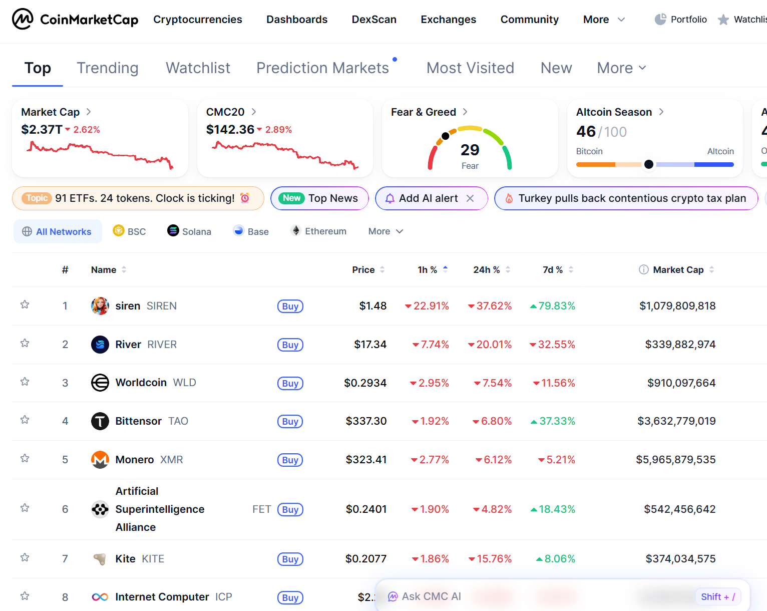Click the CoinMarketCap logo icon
pos(23,19)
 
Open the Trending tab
pos(108,68)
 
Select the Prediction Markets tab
pos(322,68)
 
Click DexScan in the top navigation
pos(374,20)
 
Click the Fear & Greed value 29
pos(470,150)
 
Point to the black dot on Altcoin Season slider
pos(649,164)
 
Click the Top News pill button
pos(319,198)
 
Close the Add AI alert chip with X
pos(470,198)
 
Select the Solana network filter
pos(189,231)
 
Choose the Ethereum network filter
pos(318,231)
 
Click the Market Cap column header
pos(678,270)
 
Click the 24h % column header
pos(486,270)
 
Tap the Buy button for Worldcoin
pos(290,383)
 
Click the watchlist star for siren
pos(25,305)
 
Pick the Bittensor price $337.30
pos(366,421)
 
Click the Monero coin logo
pos(100,460)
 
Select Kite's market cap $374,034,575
pos(680,559)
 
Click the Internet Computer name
pos(162,597)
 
